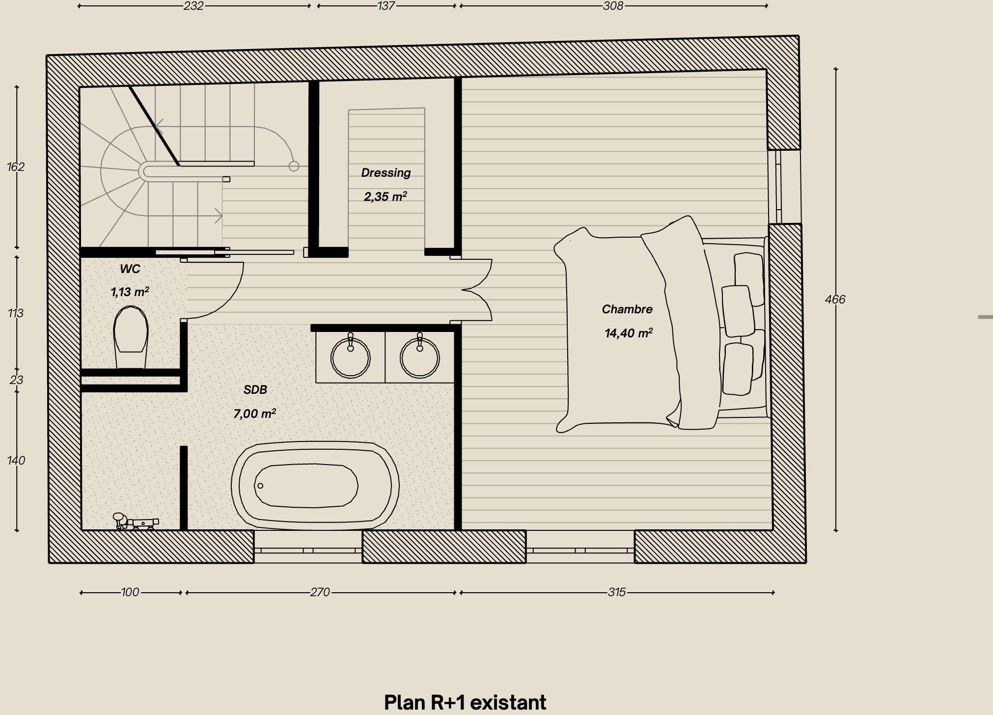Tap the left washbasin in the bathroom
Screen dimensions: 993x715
(x=350, y=357)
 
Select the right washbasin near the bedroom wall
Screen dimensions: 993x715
(x=419, y=357)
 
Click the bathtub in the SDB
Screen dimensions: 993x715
(x=315, y=486)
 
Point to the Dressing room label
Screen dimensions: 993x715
(x=386, y=173)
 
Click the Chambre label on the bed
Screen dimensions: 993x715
(x=627, y=309)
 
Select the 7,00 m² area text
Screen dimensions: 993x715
(x=254, y=414)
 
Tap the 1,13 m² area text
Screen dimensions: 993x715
(x=130, y=292)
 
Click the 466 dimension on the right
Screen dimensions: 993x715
(x=835, y=300)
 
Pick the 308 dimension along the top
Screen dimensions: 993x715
(x=613, y=6)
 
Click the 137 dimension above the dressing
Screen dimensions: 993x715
(x=386, y=6)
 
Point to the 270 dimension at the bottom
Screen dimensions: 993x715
(x=320, y=592)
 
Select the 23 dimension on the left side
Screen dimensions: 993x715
(x=16, y=380)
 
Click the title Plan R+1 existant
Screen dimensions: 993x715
(x=465, y=703)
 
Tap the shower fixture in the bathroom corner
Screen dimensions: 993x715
(x=136, y=522)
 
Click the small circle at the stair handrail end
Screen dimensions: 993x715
(x=294, y=166)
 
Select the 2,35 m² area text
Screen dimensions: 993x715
(x=385, y=197)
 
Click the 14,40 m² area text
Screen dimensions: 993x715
(x=628, y=333)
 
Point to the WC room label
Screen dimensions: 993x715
(x=130, y=269)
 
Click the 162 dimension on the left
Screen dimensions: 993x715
(x=16, y=167)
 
